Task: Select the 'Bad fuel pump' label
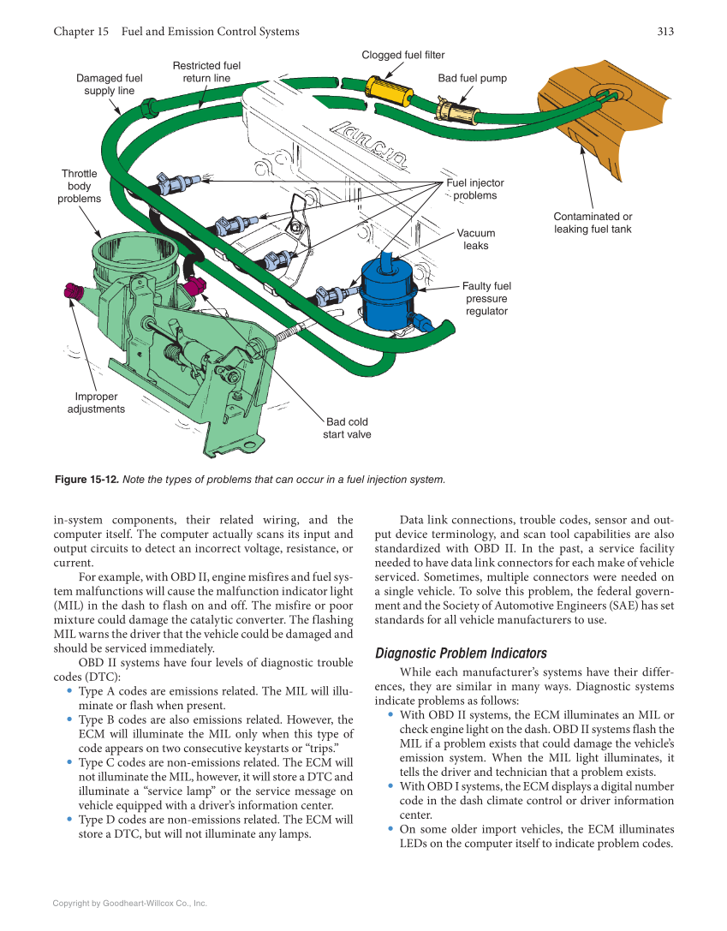click(472, 78)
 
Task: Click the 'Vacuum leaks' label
click(475, 239)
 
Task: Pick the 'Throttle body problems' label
click(79, 186)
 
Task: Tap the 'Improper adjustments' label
click(96, 403)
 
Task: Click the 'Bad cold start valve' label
click(347, 427)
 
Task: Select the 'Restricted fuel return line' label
click(206, 71)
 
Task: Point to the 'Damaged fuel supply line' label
click(109, 84)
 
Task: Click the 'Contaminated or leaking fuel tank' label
click(593, 223)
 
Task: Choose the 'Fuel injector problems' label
click(475, 188)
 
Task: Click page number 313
click(665, 32)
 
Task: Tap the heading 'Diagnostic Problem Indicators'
click(461, 653)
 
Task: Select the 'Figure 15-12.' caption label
click(86, 480)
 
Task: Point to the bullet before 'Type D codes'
click(69, 819)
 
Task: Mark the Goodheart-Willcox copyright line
click(129, 903)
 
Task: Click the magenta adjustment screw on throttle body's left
click(71, 290)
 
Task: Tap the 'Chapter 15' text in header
click(80, 32)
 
